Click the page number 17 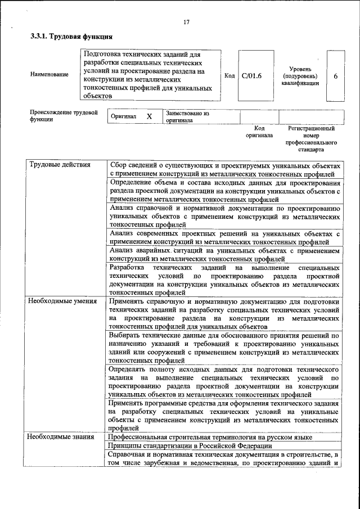click(x=186, y=22)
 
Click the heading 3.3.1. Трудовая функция click(x=71, y=37)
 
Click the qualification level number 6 click(x=335, y=76)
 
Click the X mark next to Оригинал click(x=149, y=116)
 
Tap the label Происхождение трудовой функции click(x=60, y=116)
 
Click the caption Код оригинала click(x=259, y=132)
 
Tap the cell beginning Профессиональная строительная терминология click(x=210, y=437)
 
